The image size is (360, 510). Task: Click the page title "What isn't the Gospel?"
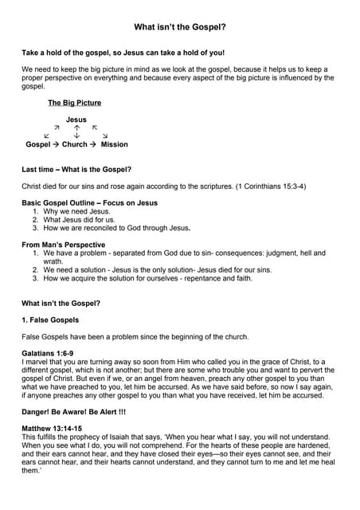coord(180,26)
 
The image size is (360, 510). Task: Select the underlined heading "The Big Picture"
coord(74,103)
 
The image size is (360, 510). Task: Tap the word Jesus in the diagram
coord(76,120)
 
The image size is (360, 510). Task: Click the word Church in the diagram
coord(75,144)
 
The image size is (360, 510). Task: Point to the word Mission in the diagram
coord(114,144)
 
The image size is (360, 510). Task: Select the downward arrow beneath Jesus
coord(76,135)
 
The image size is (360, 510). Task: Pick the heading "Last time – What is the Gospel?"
coord(76,169)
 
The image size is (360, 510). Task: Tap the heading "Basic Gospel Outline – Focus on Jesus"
coord(89,203)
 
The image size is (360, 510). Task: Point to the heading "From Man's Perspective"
coord(63,245)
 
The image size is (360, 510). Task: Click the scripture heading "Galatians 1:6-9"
coord(47,353)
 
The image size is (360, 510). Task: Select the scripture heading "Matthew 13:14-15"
coord(51,429)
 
